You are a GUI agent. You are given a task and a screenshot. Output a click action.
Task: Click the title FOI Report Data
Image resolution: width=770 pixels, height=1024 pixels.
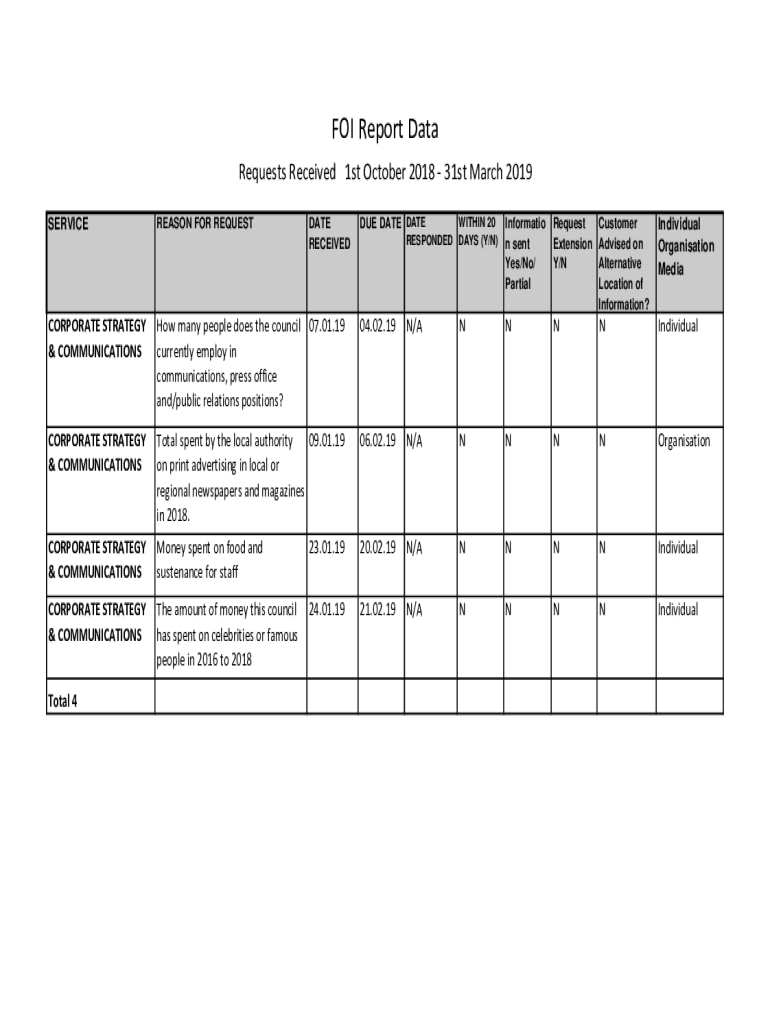point(385,130)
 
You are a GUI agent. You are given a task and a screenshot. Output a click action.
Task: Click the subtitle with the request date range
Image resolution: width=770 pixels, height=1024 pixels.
point(385,172)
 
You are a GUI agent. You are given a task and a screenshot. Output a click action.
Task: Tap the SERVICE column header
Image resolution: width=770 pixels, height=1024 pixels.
point(68,224)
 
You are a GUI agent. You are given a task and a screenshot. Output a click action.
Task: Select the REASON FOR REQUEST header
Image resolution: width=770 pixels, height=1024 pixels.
point(205,224)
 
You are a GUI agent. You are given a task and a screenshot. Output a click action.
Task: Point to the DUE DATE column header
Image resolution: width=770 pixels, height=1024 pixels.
point(380,223)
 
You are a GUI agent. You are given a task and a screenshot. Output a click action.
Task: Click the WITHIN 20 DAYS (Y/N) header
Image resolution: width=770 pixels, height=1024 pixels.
point(478,231)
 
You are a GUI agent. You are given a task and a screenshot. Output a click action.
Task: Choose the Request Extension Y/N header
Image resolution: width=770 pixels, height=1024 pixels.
point(572,243)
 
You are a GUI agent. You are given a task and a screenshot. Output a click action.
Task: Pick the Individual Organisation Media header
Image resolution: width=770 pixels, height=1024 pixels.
point(685,246)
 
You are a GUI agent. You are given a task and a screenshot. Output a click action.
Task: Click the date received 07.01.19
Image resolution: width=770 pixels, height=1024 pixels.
point(327,326)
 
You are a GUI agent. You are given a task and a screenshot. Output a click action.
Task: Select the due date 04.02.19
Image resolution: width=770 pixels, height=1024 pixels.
point(378,326)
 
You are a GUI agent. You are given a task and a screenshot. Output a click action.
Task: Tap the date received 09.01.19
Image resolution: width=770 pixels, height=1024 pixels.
point(327,441)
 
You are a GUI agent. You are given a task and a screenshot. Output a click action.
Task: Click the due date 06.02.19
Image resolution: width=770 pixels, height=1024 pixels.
point(378,441)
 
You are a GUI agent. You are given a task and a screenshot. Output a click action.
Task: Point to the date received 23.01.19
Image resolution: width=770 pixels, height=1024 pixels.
point(327,548)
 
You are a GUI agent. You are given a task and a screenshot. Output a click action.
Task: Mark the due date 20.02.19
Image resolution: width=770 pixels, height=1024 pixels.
point(378,548)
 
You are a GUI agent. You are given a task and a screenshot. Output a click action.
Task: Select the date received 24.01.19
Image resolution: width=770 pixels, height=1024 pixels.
point(327,610)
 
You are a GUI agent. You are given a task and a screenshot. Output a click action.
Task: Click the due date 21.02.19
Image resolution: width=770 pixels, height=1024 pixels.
point(378,610)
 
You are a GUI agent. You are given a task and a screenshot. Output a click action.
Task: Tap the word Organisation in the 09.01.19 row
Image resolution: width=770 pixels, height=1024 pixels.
point(684,441)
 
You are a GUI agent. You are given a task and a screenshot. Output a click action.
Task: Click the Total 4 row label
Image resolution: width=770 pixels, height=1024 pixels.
point(63,701)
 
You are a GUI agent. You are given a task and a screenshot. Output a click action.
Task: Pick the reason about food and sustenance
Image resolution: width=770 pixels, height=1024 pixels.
point(210,560)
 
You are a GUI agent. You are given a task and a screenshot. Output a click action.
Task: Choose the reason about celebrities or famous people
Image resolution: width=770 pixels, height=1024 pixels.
point(229,635)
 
